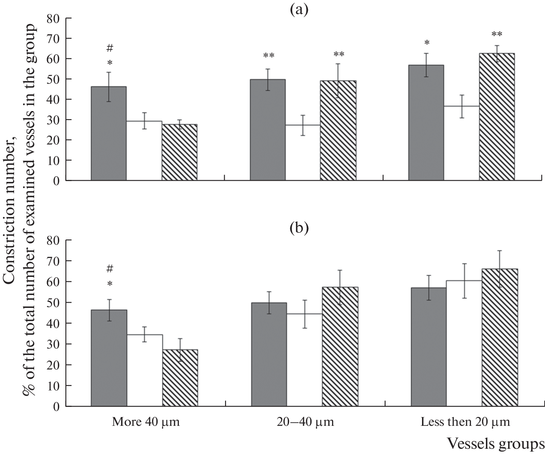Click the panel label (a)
click(299, 10)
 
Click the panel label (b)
click(299, 228)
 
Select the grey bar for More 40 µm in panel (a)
click(109, 133)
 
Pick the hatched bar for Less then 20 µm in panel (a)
click(497, 117)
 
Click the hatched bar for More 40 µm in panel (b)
click(180, 378)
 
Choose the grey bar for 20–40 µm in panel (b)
click(269, 354)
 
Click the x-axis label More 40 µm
click(145, 422)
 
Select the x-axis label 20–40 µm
click(305, 422)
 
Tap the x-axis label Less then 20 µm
click(465, 422)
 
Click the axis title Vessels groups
click(496, 444)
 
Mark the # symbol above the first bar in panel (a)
click(109, 49)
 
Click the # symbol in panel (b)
click(109, 268)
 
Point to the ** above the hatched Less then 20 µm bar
click(497, 35)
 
